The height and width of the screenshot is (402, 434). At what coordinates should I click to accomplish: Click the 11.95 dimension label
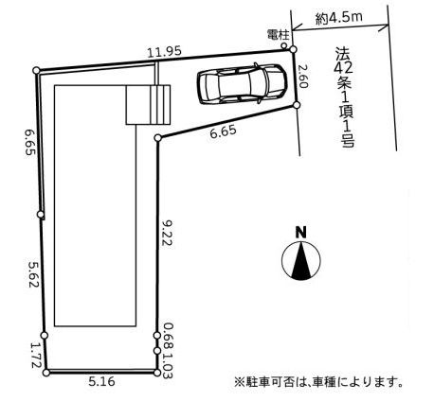pos(165,51)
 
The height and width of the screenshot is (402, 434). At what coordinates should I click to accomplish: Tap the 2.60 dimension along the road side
pos(302,77)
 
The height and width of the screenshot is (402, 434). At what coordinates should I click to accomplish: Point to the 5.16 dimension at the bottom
pos(101,382)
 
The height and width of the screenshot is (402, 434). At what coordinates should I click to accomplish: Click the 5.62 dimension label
pos(33,274)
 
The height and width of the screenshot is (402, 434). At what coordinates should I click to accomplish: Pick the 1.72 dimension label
pos(35,356)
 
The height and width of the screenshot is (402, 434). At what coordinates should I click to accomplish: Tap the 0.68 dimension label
pos(168,334)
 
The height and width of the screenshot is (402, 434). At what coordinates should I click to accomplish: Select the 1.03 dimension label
pos(168,363)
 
